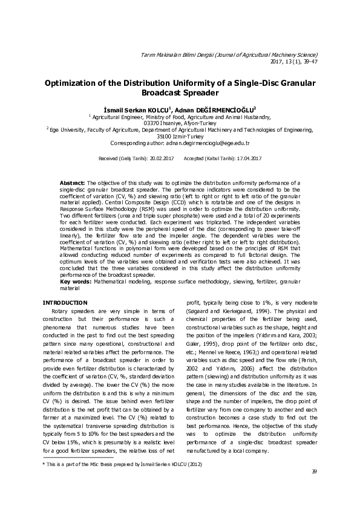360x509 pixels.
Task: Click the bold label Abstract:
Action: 73,182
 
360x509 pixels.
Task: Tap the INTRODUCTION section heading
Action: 65,302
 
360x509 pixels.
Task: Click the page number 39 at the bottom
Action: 313,488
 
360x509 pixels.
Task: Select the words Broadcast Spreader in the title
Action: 179,94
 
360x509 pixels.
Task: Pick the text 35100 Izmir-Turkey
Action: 180,137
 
